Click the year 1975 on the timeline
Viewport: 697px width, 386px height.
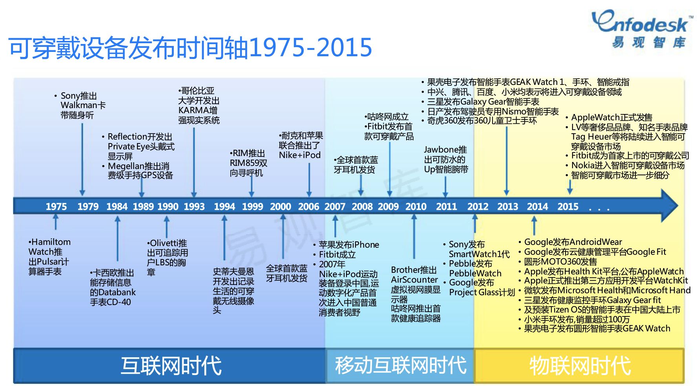pyautogui.click(x=56, y=206)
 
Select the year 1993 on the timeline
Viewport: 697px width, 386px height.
pyautogui.click(x=194, y=206)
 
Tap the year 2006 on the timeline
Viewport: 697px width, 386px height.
pyautogui.click(x=308, y=206)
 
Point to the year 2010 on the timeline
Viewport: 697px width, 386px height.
pyautogui.click(x=416, y=206)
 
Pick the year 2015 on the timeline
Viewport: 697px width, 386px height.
pyautogui.click(x=568, y=206)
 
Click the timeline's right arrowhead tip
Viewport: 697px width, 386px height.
pyautogui.click(x=678, y=206)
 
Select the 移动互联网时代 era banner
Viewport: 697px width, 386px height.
pyautogui.click(x=400, y=366)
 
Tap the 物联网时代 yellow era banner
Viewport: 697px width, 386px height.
pyautogui.click(x=579, y=366)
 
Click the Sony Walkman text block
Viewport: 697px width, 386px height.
pyautogui.click(x=80, y=105)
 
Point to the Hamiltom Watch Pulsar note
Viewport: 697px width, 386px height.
pyautogui.click(x=49, y=256)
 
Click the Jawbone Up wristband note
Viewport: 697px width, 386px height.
pyautogui.click(x=446, y=160)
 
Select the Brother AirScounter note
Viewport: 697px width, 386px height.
pyautogui.click(x=416, y=294)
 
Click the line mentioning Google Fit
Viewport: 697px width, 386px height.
pyautogui.click(x=592, y=252)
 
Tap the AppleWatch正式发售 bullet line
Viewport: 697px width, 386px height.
pyautogui.click(x=609, y=117)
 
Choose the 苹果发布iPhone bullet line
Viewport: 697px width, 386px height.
pyautogui.click(x=346, y=244)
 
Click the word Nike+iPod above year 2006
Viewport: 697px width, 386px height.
pyautogui.click(x=300, y=155)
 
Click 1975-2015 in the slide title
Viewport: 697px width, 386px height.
pyautogui.click(x=310, y=48)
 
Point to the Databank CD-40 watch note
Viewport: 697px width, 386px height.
pyautogui.click(x=113, y=287)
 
